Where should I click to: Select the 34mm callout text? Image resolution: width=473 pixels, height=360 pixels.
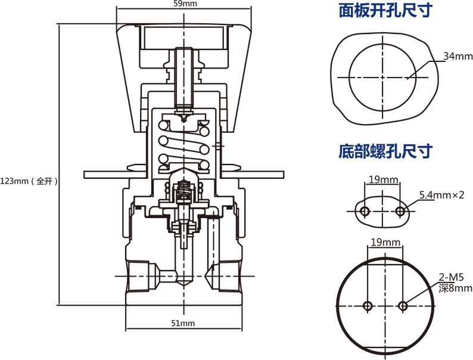pos(458,57)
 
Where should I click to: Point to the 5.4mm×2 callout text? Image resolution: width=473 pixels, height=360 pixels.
pos(441,195)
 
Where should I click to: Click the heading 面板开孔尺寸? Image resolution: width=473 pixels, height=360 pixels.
pos(385,11)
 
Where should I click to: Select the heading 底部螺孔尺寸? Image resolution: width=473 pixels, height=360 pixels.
pos(385,151)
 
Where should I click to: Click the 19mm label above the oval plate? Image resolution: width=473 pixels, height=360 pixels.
pos(383,179)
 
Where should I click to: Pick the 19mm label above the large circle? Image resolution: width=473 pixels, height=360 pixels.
pos(385,242)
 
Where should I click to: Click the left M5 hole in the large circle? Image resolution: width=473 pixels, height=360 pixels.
pos(367,306)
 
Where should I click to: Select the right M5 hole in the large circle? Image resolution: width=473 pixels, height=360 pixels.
pos(403,306)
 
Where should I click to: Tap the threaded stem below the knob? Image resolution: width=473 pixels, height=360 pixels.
pos(183,77)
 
